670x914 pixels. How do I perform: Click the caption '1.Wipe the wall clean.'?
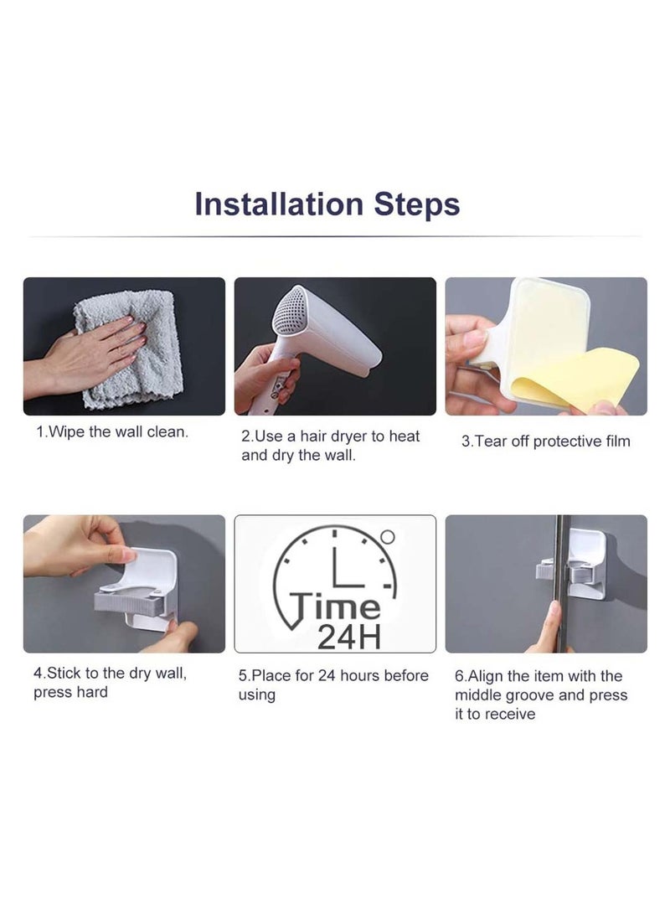111,433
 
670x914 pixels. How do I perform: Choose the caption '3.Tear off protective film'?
545,442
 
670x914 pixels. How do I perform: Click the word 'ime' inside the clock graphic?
353,606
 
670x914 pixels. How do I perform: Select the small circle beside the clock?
387,535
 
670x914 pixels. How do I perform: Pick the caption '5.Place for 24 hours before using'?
333,684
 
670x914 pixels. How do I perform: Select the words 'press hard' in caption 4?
70,692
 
